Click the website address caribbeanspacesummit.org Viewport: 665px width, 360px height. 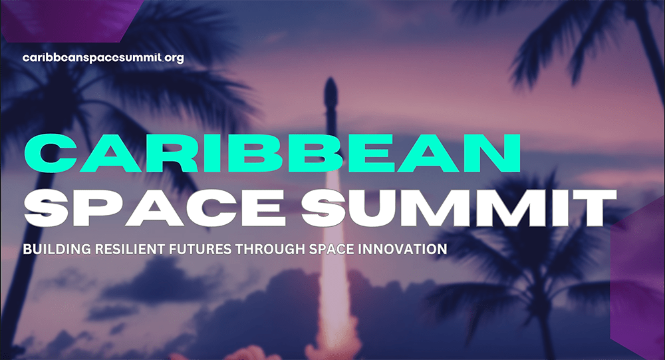[103, 58]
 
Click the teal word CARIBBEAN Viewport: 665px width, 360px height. [272, 153]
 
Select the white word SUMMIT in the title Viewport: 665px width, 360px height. [458, 208]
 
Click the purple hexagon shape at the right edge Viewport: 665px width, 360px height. [638, 278]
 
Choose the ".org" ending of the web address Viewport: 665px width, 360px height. [173, 59]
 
